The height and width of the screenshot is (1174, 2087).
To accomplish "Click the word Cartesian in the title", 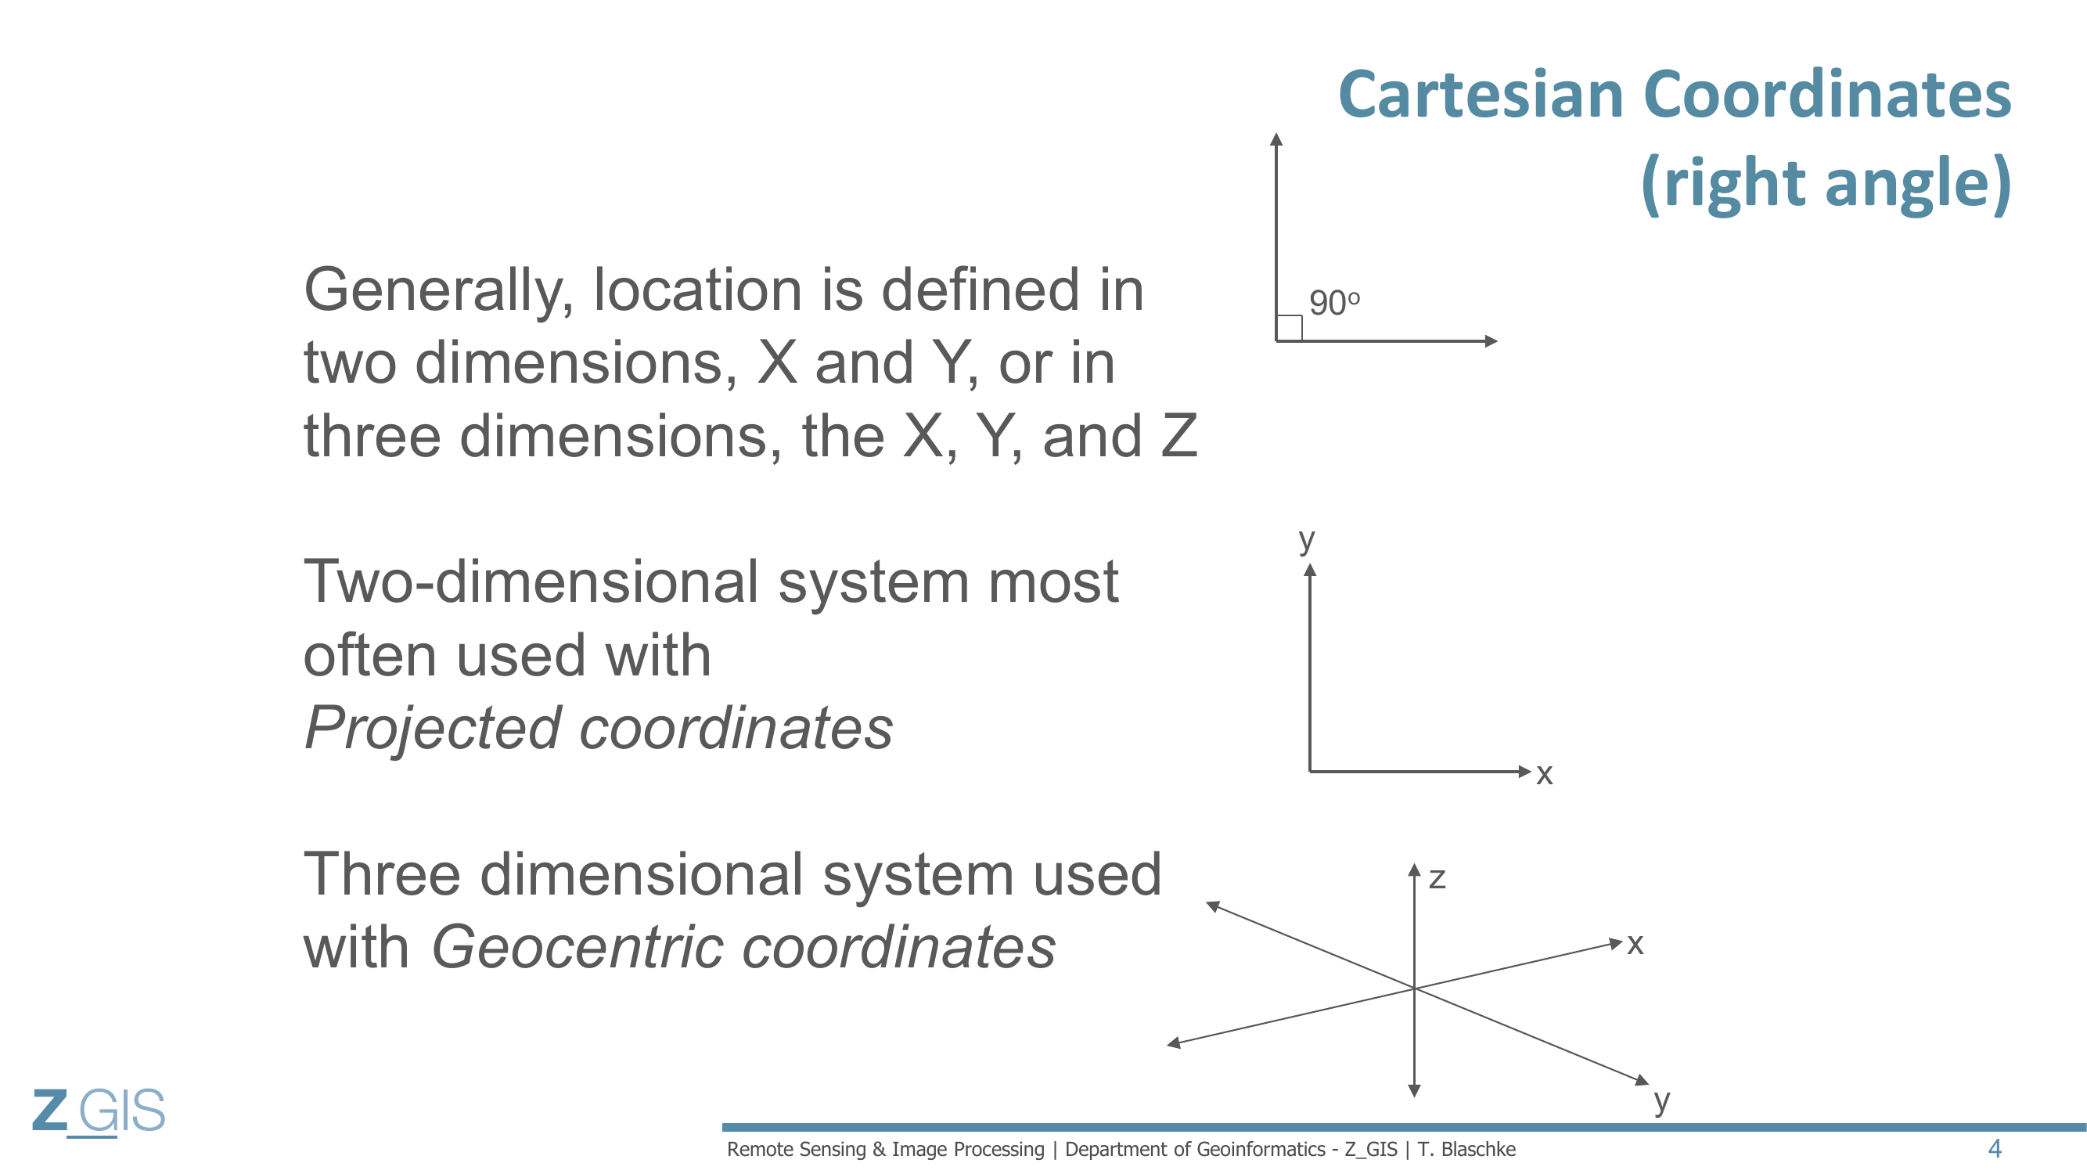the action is (1481, 95).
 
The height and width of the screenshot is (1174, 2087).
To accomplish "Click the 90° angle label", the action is (1334, 303).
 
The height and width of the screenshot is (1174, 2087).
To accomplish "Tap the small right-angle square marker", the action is (1290, 328).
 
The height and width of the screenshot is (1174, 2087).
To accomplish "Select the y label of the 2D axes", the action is (1307, 538).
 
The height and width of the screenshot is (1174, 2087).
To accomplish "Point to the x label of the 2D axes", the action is (1544, 774).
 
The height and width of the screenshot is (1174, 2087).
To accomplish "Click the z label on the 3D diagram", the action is (1438, 878).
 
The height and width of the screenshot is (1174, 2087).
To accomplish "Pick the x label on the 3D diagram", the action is (1635, 944).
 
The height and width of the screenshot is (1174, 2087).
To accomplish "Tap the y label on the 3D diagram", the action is (1661, 1101).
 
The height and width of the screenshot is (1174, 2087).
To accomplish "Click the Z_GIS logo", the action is (99, 1111).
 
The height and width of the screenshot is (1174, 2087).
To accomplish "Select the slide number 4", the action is (1995, 1149).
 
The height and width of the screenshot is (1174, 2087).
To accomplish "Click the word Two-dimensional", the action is (531, 582).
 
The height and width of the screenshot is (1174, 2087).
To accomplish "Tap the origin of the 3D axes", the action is (1414, 989).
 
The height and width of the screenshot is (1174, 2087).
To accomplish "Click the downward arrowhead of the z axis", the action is (1414, 1091).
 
